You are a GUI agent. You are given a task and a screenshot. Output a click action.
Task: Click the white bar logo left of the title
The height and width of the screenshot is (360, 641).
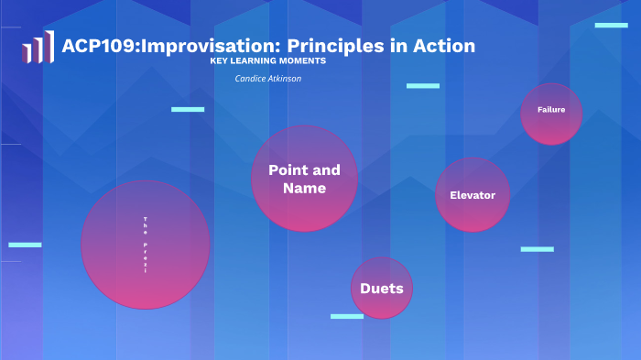38,47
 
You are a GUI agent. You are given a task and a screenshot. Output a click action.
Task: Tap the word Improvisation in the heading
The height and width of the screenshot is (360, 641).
198,46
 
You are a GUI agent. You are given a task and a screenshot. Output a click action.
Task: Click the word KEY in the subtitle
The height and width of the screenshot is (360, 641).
221,61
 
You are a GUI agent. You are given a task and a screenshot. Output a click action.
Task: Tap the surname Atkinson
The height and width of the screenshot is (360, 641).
285,79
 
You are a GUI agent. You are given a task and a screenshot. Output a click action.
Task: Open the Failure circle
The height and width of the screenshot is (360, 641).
551,114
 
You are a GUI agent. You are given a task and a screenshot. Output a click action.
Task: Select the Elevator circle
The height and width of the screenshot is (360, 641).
473,195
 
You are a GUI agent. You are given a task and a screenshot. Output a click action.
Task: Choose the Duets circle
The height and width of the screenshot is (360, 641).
382,289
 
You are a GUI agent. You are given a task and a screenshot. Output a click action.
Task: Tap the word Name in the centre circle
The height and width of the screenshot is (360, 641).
304,188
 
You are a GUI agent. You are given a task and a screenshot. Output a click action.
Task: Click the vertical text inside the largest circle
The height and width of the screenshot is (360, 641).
145,245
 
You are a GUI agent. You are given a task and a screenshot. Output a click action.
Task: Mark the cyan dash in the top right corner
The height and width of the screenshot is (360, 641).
611,26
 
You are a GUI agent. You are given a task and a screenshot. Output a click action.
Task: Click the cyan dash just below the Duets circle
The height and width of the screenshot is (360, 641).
347,316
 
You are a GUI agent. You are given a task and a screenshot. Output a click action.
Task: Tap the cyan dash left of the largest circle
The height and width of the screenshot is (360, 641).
25,245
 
